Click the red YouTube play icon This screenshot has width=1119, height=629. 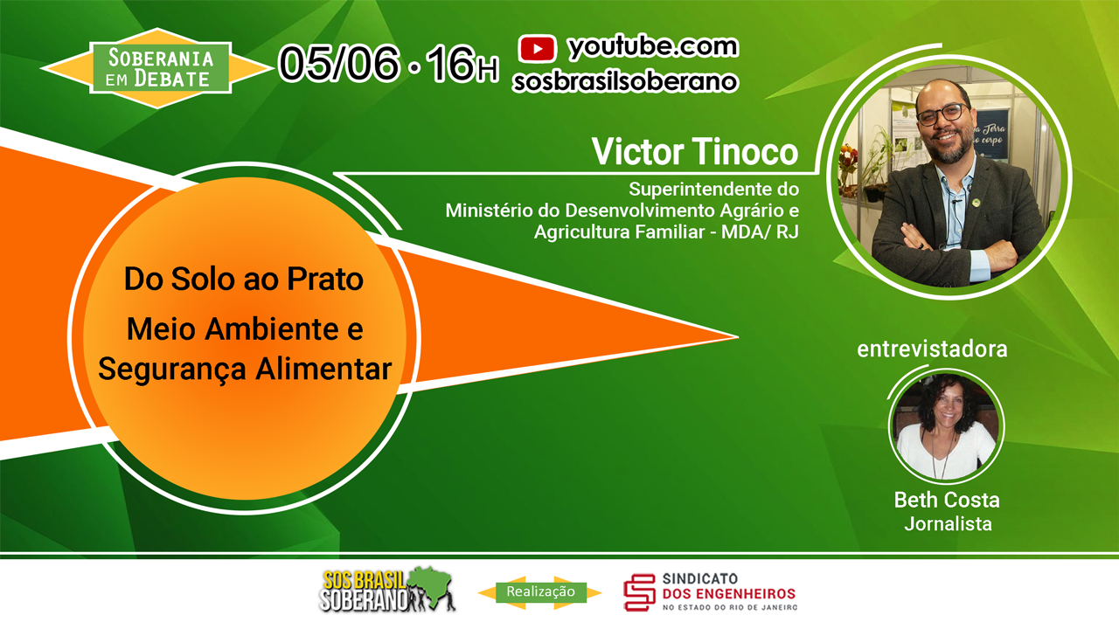coord(537,49)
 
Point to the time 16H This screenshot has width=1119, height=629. coord(462,64)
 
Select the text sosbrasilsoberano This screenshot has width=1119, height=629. coord(625,81)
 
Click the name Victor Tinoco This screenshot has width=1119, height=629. coord(695,151)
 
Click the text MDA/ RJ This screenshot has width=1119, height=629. coord(760,232)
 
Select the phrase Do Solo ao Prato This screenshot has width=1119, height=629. coord(244,279)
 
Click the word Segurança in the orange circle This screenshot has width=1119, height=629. coord(172,370)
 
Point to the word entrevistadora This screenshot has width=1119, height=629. coord(932,349)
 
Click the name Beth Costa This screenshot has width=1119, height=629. coord(947,500)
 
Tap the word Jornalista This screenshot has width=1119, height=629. coord(948,523)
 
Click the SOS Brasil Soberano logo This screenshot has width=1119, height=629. coord(387,590)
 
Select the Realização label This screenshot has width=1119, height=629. coord(540,591)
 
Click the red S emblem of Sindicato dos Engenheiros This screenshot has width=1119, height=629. coord(639,592)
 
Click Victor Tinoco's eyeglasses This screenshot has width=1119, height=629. coord(941,114)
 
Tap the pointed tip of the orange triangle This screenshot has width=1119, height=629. coord(738,337)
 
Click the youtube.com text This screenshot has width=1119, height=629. coord(653,47)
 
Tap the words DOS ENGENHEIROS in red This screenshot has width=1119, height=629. coord(729,594)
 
